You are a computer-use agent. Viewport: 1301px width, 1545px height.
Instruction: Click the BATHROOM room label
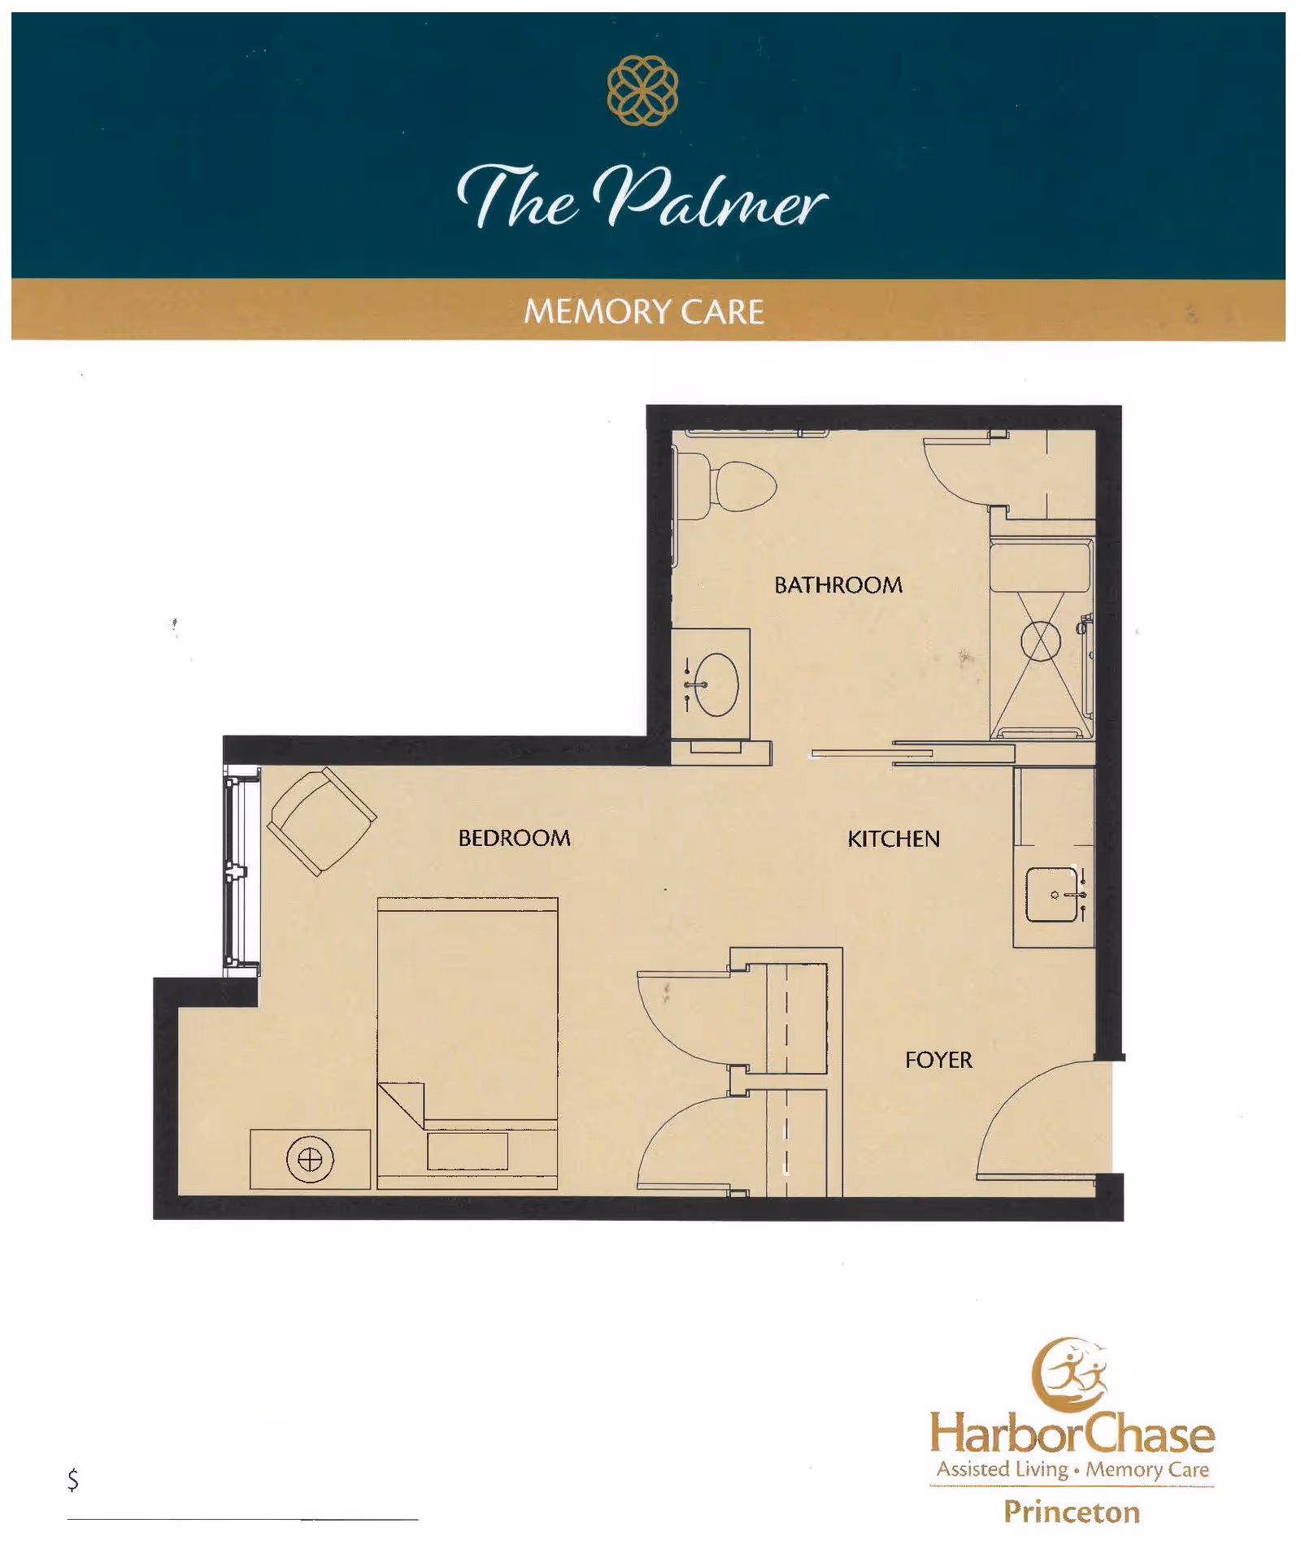(x=838, y=585)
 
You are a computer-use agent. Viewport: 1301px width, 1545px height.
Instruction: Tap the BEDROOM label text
(x=514, y=838)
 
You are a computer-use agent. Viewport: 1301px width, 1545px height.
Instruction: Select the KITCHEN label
(x=893, y=839)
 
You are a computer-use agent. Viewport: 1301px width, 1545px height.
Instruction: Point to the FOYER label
(x=938, y=1060)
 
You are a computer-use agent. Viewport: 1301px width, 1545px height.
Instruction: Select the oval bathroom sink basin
(x=716, y=684)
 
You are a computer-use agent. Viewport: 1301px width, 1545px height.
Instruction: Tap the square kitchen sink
(x=1052, y=895)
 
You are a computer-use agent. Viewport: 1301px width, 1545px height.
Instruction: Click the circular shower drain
(x=1041, y=641)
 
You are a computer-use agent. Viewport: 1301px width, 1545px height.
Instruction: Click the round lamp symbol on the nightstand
(x=310, y=1159)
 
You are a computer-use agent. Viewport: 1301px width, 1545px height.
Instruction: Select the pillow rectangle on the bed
(x=468, y=1151)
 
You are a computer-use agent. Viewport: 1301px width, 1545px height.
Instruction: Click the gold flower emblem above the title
(x=642, y=90)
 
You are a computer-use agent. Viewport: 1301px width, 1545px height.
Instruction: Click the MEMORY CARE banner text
(x=643, y=312)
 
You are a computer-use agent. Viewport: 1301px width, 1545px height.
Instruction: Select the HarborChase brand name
(x=1072, y=1434)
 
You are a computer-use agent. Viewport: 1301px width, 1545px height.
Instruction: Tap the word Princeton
(x=1072, y=1512)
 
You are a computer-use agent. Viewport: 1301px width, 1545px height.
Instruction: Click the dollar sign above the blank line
(x=73, y=1479)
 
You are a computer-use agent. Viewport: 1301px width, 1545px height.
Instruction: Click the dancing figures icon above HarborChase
(x=1072, y=1374)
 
